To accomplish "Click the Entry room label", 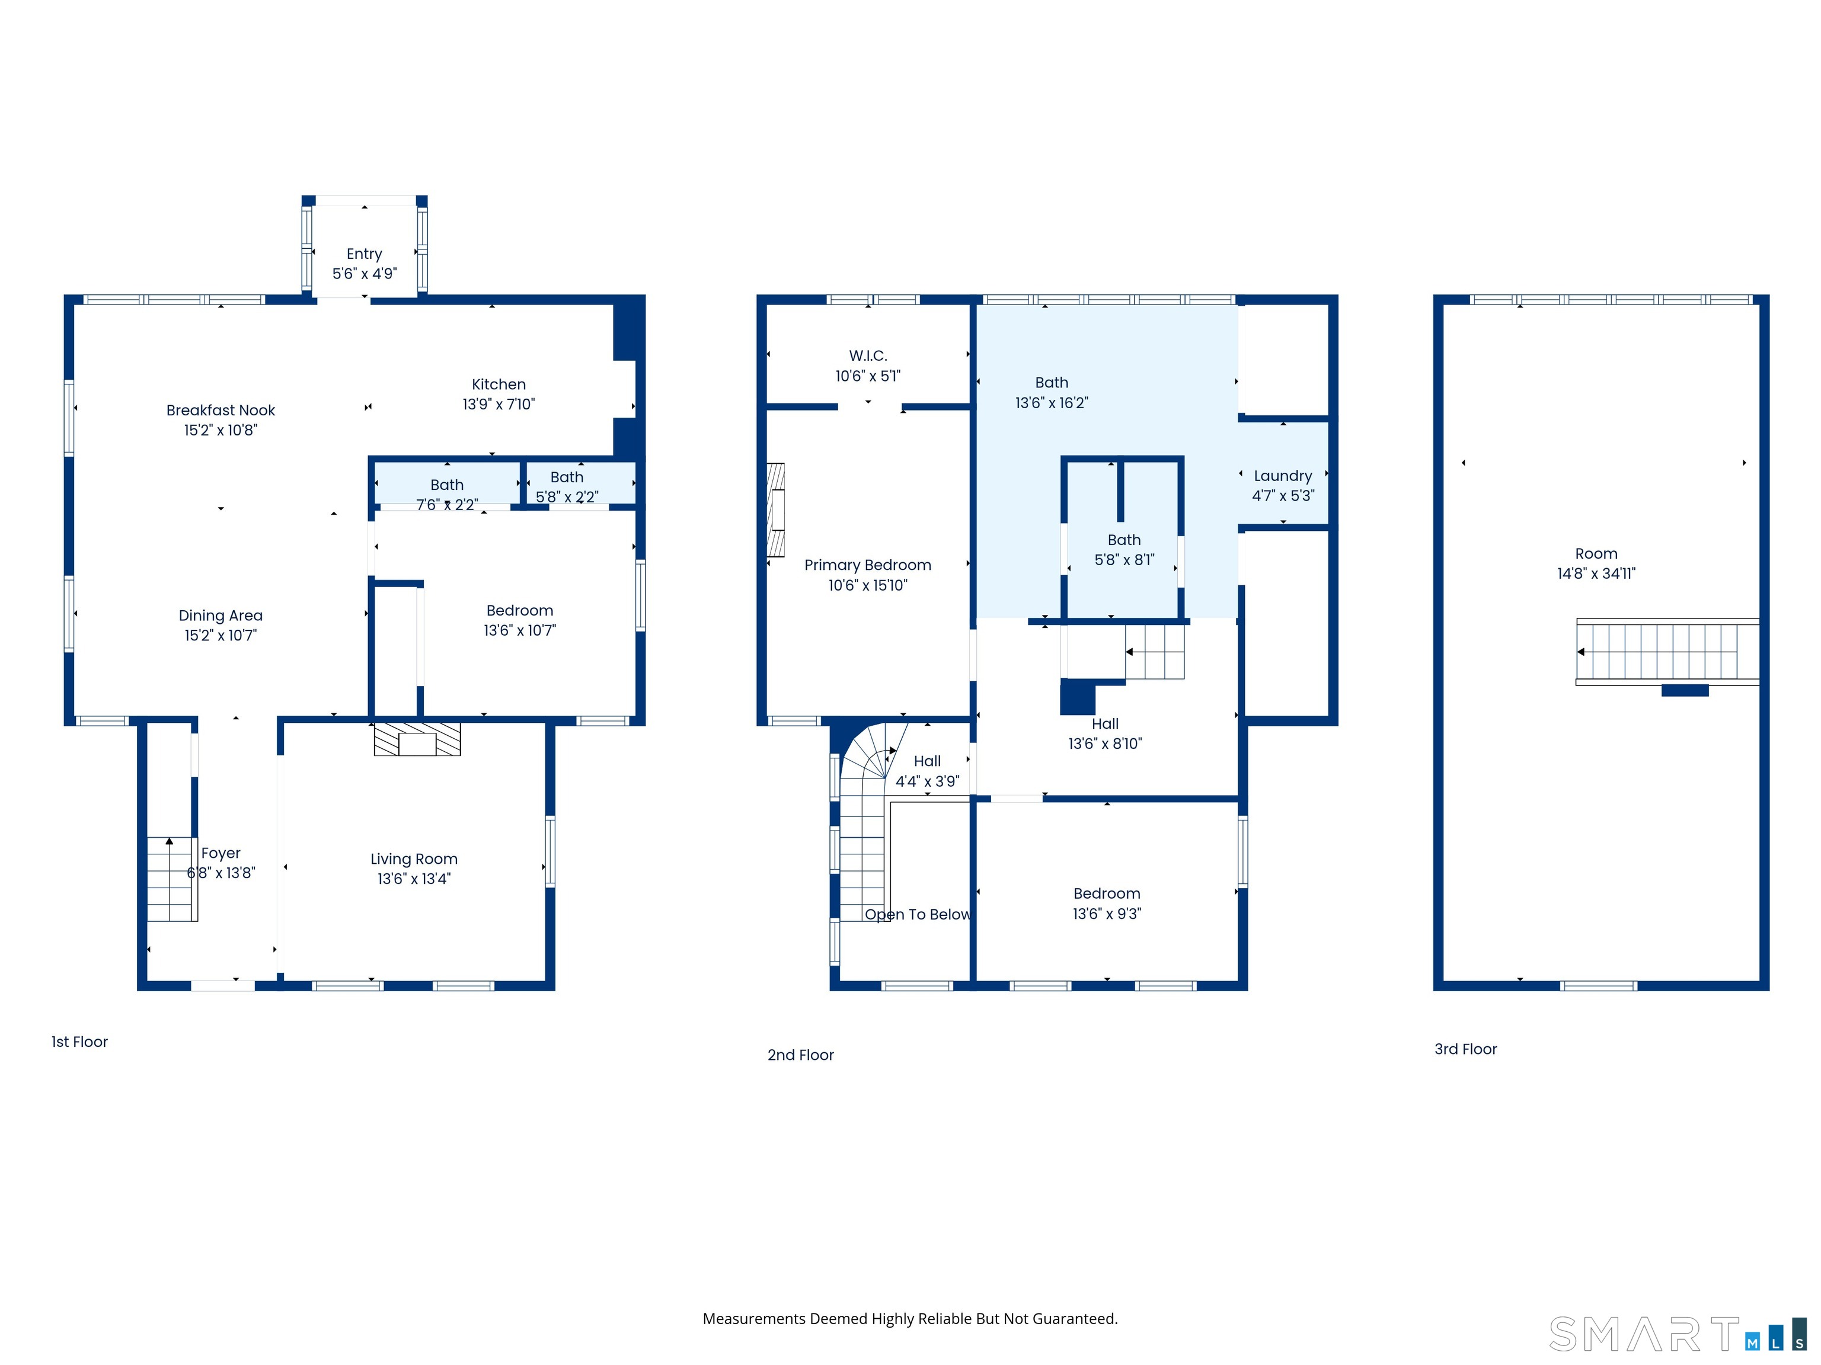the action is pyautogui.click(x=364, y=254).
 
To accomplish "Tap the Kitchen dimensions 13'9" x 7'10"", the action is pyautogui.click(x=499, y=404).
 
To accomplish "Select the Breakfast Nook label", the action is pyautogui.click(x=221, y=410).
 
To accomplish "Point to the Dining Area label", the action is pyautogui.click(x=221, y=616).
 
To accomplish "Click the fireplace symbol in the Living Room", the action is pyautogui.click(x=417, y=739).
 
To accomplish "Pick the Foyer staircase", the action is pyautogui.click(x=171, y=879).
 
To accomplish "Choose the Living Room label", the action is pyautogui.click(x=414, y=859).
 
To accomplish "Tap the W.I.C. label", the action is pyautogui.click(x=868, y=355).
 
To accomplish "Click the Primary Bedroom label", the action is pyautogui.click(x=868, y=565).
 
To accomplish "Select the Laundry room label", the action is pyautogui.click(x=1283, y=476).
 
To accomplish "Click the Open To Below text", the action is pyautogui.click(x=918, y=914).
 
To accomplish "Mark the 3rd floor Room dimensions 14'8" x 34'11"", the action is pyautogui.click(x=1596, y=573).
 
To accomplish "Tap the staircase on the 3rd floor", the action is pyautogui.click(x=1667, y=652).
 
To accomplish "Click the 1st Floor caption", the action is pyautogui.click(x=80, y=1042).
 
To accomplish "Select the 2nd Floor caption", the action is pyautogui.click(x=800, y=1055).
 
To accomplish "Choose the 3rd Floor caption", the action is pyautogui.click(x=1465, y=1049).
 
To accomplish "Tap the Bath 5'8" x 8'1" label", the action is pyautogui.click(x=1124, y=550).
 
